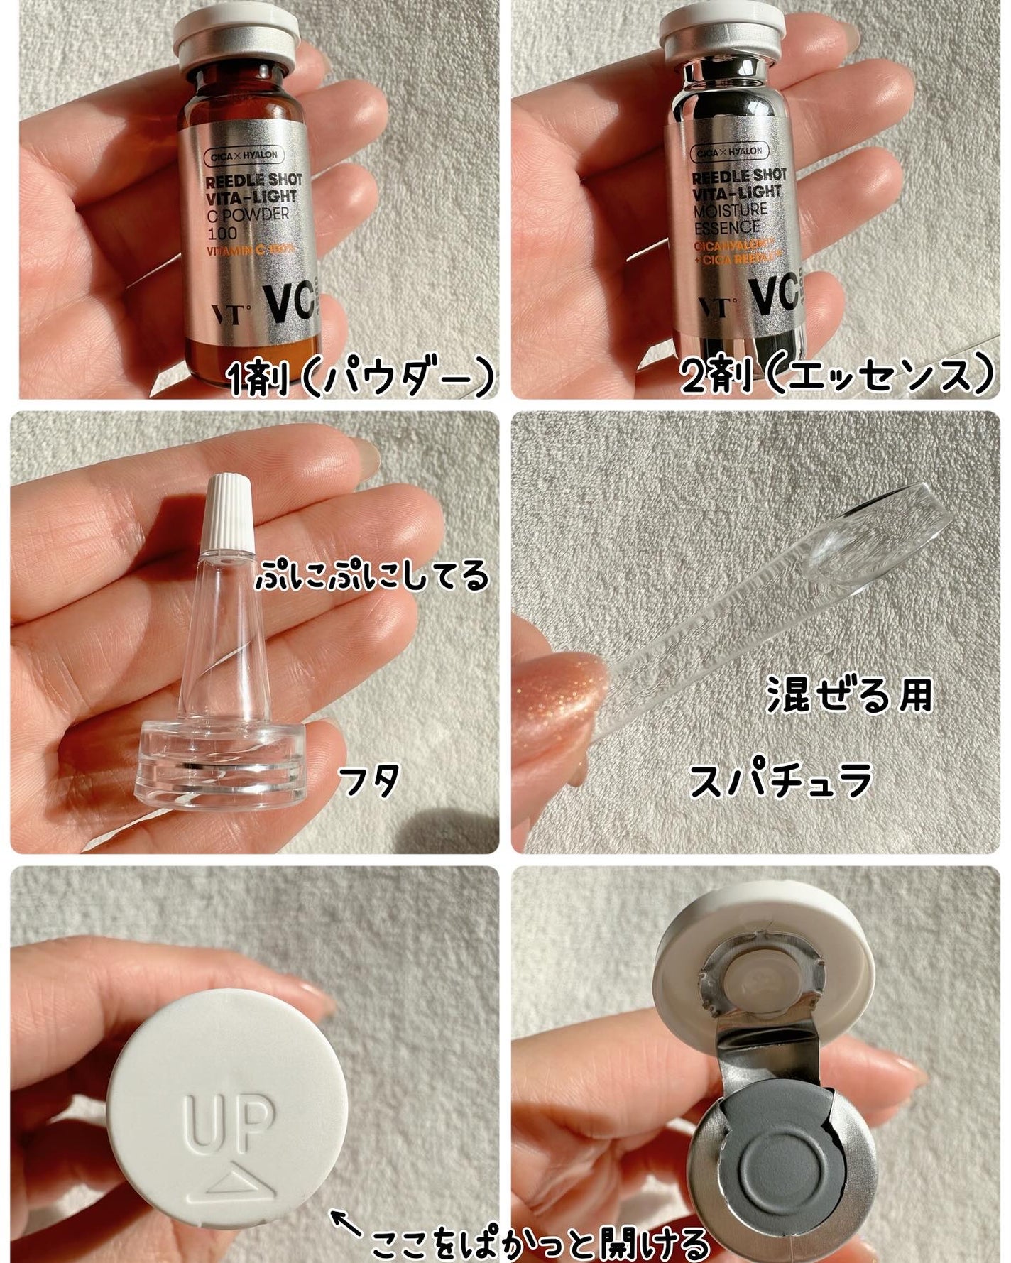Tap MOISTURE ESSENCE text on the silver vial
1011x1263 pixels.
pos(728,219)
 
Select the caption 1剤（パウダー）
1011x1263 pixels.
pos(361,378)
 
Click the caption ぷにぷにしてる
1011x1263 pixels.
pos(372,576)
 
